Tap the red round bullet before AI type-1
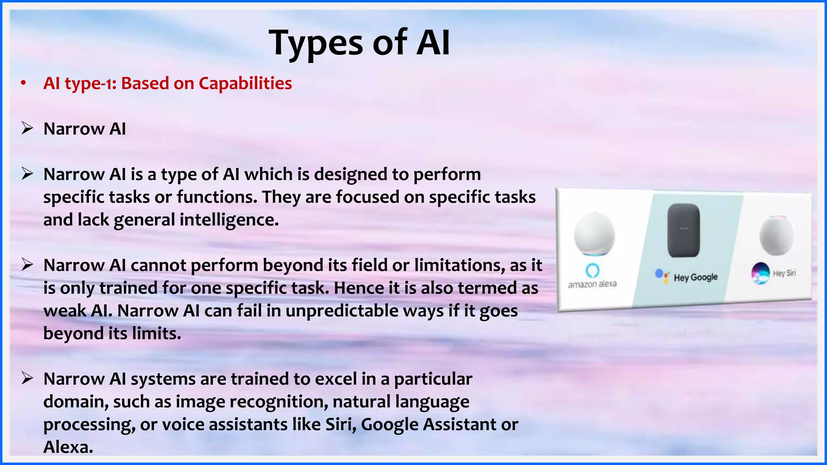point(23,84)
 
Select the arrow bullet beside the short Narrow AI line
point(27,129)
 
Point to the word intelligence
point(229,220)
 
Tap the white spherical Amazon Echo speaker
point(594,234)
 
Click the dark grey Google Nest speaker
point(683,230)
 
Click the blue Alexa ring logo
point(592,270)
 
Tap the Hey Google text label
point(695,277)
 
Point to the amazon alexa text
point(592,284)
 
